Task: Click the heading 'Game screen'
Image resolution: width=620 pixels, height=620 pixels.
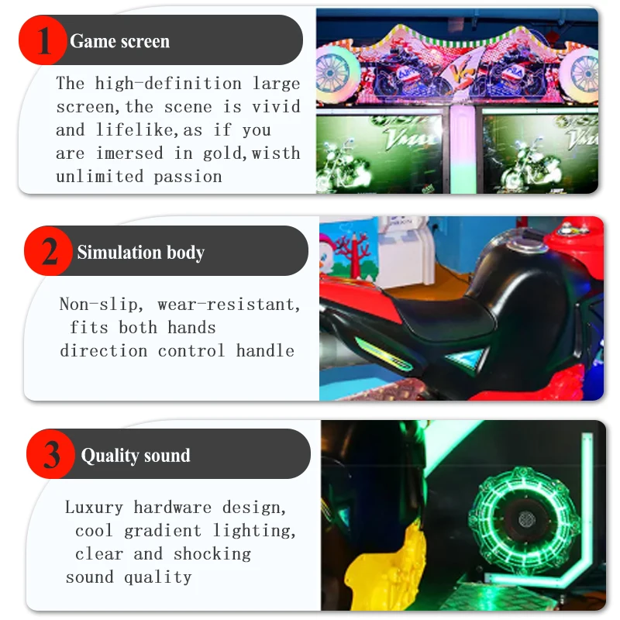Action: (x=119, y=41)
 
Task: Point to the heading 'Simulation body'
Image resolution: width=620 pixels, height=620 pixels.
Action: (x=140, y=252)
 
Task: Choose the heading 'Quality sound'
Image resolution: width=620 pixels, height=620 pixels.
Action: (x=136, y=455)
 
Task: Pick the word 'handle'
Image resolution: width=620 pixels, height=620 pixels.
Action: (x=265, y=350)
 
